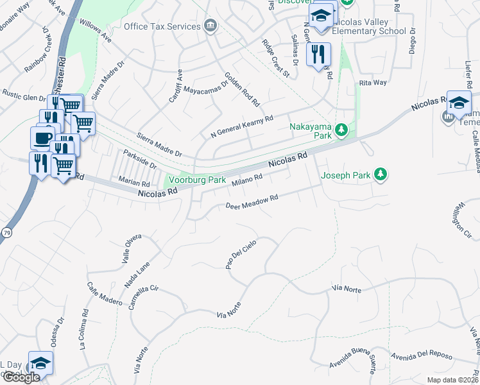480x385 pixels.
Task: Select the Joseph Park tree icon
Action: click(381, 174)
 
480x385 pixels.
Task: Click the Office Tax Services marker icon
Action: click(210, 26)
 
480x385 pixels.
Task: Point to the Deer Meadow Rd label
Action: click(252, 202)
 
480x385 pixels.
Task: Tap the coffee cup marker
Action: click(43, 138)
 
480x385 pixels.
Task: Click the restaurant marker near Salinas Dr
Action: click(318, 55)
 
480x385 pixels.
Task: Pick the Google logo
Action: click(21, 377)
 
